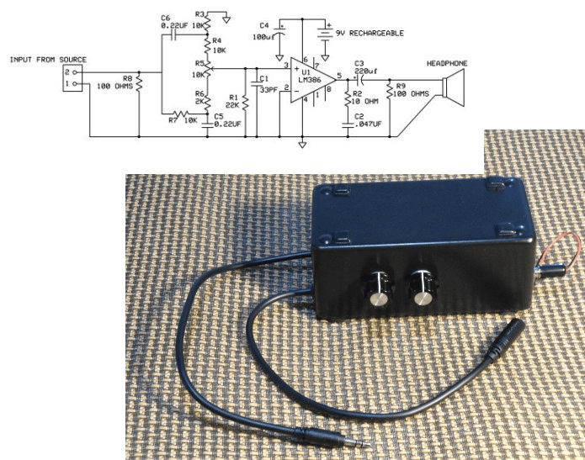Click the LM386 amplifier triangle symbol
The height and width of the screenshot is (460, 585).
(312, 80)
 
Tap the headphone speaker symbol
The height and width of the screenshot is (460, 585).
(453, 87)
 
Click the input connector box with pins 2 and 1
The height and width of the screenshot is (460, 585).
(72, 78)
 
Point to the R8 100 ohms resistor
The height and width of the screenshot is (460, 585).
(139, 83)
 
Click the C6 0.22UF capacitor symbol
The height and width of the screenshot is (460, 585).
(173, 35)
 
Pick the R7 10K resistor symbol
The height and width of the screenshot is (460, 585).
(181, 113)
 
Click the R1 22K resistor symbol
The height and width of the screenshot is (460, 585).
(245, 102)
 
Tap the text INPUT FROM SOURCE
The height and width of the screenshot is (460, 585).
(48, 60)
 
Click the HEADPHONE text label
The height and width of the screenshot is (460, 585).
(447, 63)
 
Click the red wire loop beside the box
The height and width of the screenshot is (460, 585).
(563, 249)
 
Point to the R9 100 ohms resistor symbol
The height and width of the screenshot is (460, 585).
(390, 90)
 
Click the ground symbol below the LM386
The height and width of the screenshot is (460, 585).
(302, 145)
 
